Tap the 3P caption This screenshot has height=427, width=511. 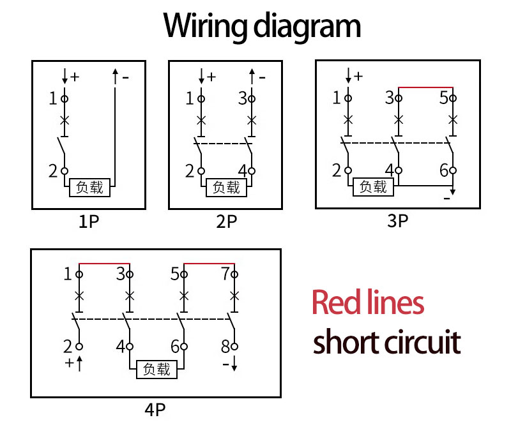coord(397,221)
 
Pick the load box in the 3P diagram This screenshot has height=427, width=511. coord(374,186)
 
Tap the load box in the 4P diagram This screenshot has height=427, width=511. coord(156,369)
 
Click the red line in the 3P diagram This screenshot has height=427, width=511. coord(425,87)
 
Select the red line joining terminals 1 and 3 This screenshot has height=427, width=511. coord(104,263)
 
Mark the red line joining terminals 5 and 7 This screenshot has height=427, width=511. coord(210,263)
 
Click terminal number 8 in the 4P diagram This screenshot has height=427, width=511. coord(225,347)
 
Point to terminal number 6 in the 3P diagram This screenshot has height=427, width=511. coord(444,170)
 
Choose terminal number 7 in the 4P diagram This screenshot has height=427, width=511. coord(225,274)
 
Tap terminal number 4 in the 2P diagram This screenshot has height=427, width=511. coord(242,171)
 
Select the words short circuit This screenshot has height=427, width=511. coord(386,342)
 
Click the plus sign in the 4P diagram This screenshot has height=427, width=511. coord(70,364)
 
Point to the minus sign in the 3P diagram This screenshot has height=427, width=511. coord(446,199)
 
